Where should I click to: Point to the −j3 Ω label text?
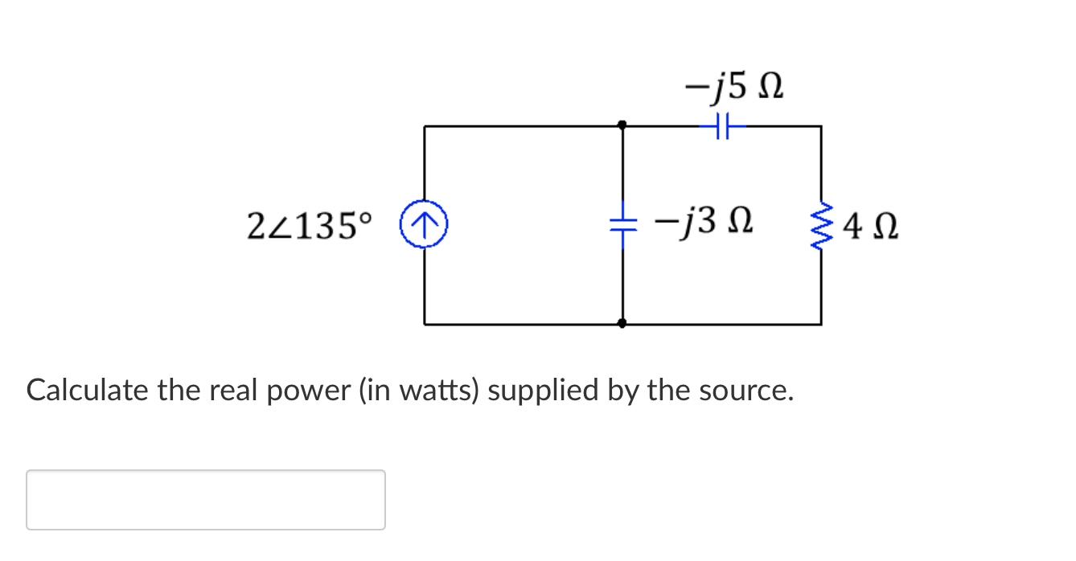point(703,221)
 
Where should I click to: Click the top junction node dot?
point(622,125)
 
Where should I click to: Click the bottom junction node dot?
point(622,324)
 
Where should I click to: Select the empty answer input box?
point(206,500)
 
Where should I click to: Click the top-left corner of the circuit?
point(425,126)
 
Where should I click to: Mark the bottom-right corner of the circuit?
point(821,324)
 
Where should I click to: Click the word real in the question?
point(227,391)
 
